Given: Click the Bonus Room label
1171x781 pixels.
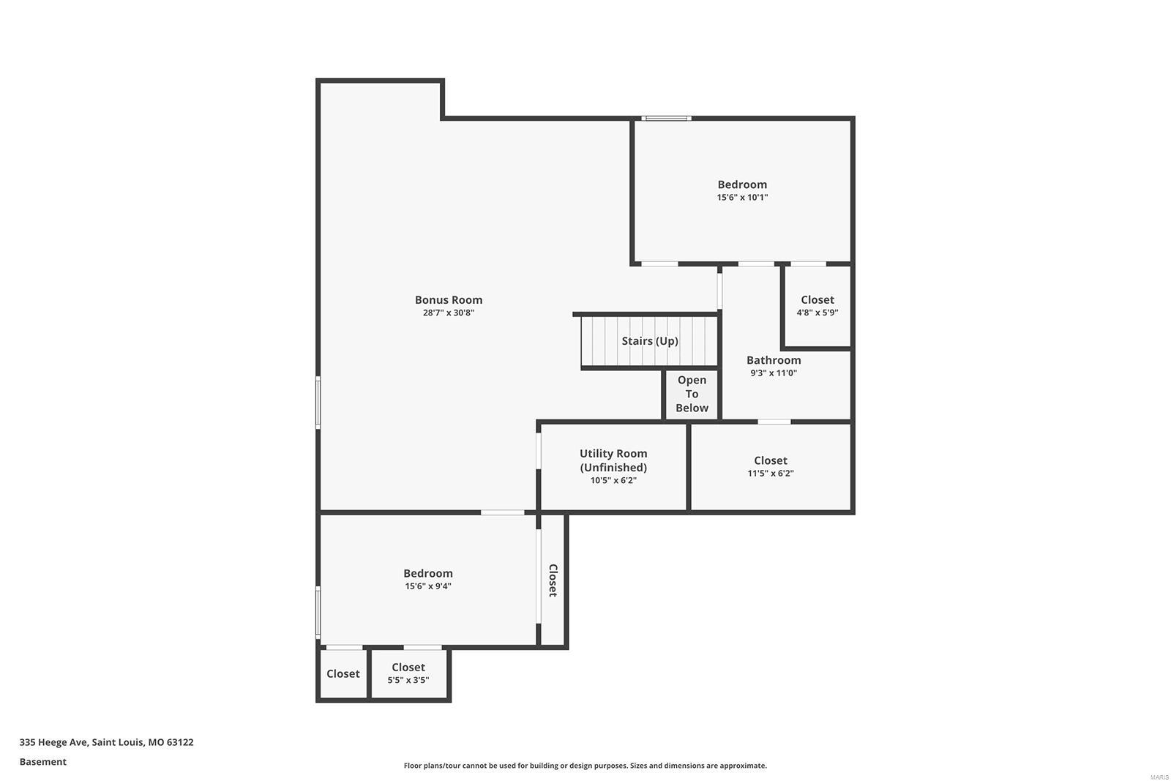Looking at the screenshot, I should [448, 299].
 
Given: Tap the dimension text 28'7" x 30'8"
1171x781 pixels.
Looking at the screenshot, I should [448, 313].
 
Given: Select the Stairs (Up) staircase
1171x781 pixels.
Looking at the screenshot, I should [649, 341].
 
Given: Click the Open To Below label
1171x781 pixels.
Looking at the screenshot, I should [692, 394].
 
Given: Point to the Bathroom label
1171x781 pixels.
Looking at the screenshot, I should [773, 360].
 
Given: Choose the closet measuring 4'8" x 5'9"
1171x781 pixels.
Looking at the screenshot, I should [817, 305].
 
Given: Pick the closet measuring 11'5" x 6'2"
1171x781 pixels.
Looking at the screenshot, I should [770, 466].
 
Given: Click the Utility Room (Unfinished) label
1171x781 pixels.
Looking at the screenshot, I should [613, 460].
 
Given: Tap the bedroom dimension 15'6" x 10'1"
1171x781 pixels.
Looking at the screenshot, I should [741, 198].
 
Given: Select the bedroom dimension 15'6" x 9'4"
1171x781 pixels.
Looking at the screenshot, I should [427, 586].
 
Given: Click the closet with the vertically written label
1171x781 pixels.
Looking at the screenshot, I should [553, 580].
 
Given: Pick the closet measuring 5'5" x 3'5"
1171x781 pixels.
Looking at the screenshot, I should [408, 673].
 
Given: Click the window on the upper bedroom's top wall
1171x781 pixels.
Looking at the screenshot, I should [666, 118].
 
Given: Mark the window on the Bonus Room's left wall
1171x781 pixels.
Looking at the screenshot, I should [318, 402].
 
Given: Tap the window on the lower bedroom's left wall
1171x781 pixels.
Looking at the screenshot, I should [318, 612].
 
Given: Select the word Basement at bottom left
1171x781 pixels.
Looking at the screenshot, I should [42, 762].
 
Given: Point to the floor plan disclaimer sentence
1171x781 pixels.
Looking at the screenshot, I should [585, 766].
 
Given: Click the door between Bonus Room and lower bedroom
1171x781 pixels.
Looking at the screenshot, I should [502, 512].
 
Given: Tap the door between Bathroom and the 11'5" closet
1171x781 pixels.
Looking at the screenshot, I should [774, 422].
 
